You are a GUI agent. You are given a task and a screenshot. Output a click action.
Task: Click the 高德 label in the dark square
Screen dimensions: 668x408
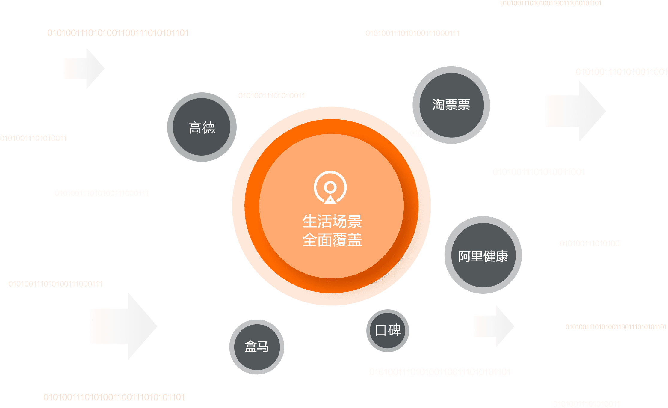tap(202, 128)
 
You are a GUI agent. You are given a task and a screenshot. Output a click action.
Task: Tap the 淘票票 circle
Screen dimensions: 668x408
tap(451, 105)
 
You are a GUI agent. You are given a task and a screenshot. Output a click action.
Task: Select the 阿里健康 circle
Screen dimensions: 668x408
tap(483, 255)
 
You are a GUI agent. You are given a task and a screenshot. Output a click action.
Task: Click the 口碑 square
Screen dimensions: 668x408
tap(388, 331)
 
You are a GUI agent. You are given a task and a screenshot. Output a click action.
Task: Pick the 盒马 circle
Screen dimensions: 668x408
tap(257, 347)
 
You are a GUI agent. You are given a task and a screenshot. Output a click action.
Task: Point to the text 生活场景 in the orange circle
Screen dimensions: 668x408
tap(332, 221)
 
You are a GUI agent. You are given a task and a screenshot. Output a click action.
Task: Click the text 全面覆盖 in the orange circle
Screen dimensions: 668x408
tap(332, 240)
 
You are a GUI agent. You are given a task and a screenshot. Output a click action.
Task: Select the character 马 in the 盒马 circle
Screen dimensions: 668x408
tap(263, 347)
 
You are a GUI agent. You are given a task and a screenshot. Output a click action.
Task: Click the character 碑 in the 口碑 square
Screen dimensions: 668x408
tap(394, 330)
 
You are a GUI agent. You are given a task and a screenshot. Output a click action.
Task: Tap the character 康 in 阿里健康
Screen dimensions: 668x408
tap(502, 256)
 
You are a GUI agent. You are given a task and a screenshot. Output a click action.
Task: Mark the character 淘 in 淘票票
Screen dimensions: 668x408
tap(439, 105)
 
